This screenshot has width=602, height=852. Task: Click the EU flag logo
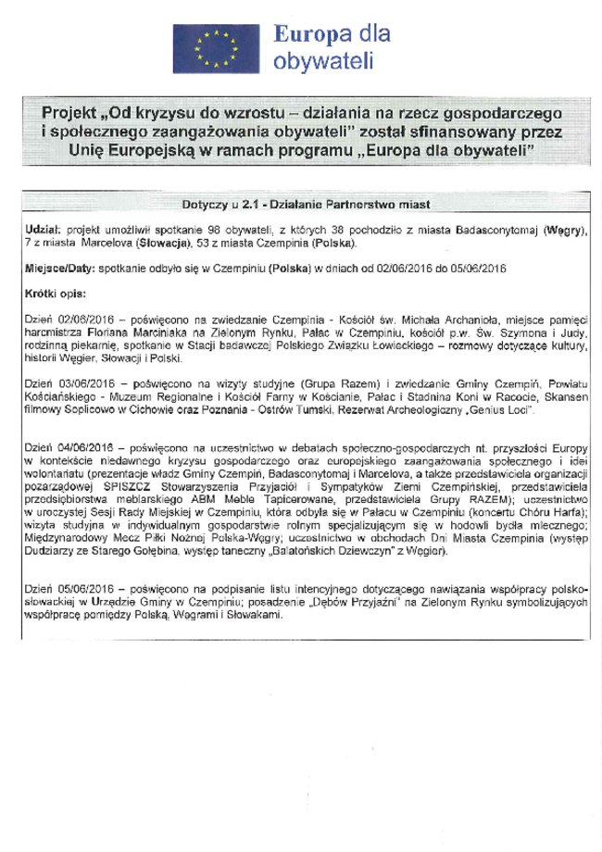(x=216, y=47)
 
